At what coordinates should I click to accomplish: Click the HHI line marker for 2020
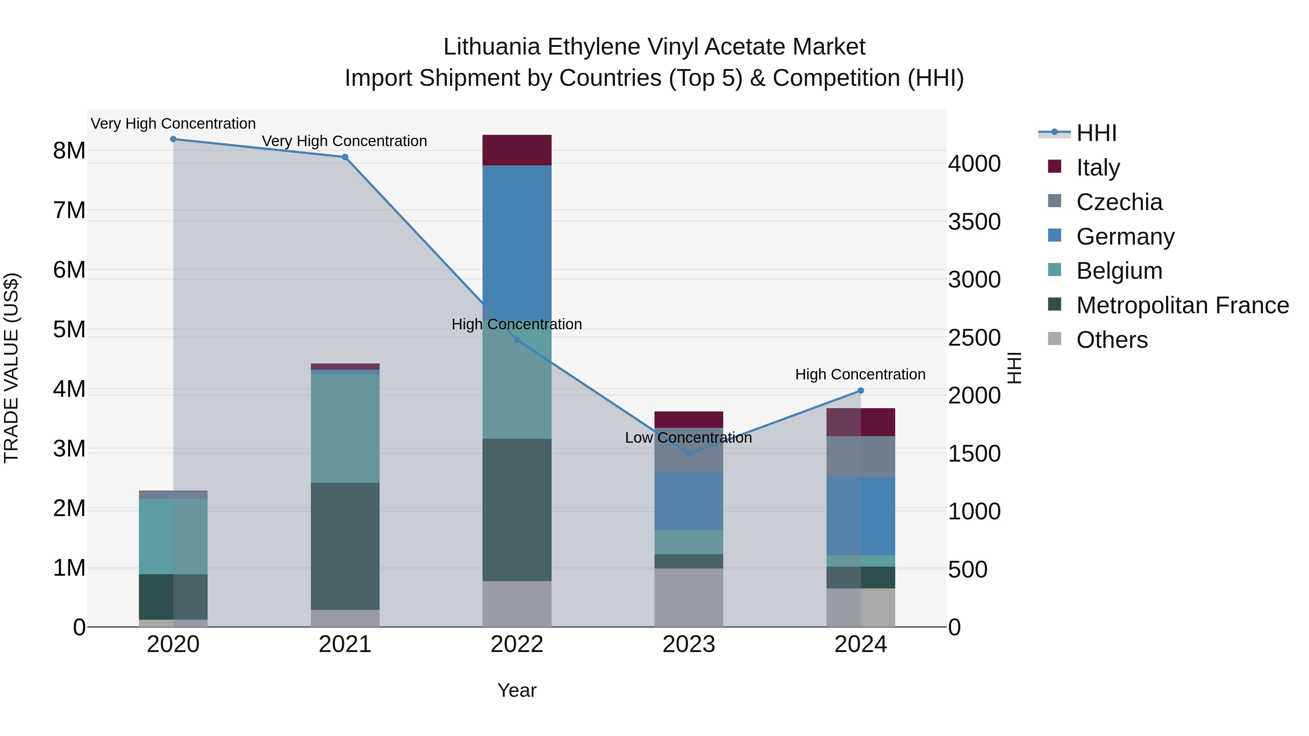(173, 139)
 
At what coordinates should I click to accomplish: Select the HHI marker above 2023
(689, 454)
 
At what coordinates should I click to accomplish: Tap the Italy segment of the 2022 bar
(517, 150)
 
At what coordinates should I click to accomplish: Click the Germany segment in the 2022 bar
(517, 239)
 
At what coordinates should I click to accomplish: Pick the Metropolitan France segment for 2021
(345, 546)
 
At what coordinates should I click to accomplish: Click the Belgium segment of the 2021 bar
(345, 428)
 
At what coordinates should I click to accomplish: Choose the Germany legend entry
(1125, 237)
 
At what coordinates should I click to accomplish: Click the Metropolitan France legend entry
(1182, 305)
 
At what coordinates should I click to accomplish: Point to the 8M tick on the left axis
(69, 151)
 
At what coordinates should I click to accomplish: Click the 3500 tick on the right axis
(974, 222)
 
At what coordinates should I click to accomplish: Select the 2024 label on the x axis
(860, 644)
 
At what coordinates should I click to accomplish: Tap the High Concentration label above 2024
(860, 374)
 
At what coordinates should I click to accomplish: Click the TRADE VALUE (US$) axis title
(11, 368)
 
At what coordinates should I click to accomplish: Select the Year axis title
(517, 690)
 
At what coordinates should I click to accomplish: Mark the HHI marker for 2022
(517, 340)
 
